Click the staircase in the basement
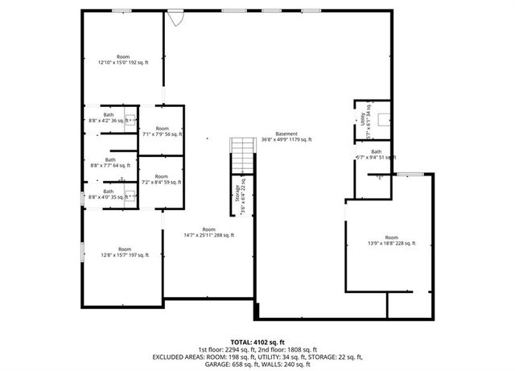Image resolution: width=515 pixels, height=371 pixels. point(242,155)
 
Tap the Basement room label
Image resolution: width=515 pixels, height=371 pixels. point(286,136)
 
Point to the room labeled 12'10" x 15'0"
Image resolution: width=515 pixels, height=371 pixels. point(123,59)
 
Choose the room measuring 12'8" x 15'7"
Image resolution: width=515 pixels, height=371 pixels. point(125,252)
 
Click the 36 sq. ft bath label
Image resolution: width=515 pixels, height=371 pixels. point(108,117)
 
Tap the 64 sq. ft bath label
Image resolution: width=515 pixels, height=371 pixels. point(109,162)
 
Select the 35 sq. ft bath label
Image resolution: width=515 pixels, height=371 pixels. point(108,194)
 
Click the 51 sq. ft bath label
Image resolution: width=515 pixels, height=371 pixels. point(376,155)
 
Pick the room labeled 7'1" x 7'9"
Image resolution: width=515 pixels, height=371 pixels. point(162,131)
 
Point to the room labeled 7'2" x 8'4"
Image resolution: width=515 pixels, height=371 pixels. point(162,179)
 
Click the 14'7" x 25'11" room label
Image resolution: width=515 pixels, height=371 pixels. point(208,232)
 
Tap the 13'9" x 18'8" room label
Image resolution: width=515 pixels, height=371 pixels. point(391,240)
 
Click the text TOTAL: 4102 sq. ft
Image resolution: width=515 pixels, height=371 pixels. point(257,342)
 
